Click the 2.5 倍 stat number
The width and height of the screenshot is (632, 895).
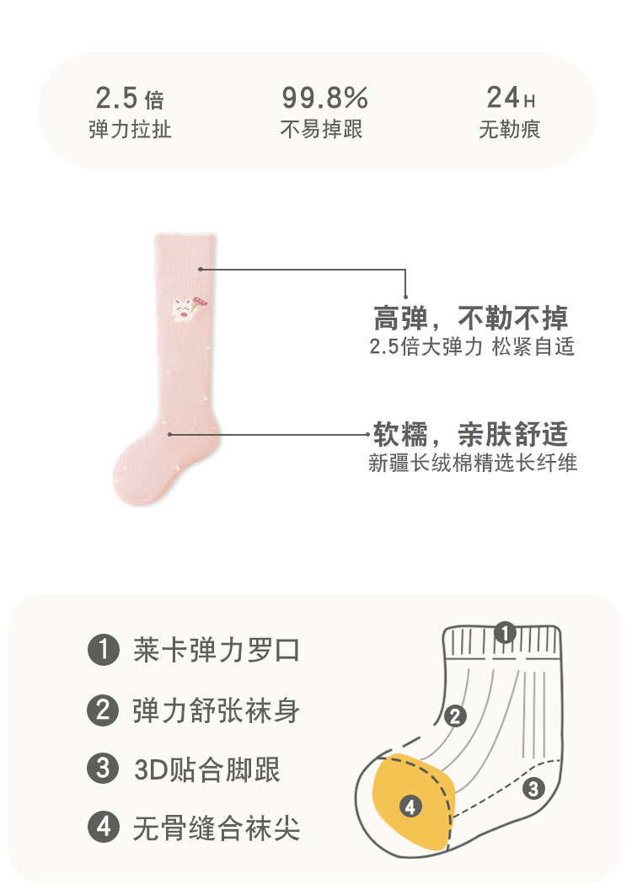point(129,99)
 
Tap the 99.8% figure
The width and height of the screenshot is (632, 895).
point(324,99)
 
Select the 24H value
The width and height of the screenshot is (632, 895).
point(510,99)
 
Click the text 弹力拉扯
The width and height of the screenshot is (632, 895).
point(130,130)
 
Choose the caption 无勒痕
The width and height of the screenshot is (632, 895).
point(509,130)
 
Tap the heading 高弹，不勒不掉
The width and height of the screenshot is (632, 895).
point(470,318)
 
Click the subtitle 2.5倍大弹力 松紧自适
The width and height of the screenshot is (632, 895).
point(472,346)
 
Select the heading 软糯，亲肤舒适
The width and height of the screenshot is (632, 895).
point(470,435)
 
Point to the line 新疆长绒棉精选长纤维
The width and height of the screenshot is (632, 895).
point(473,463)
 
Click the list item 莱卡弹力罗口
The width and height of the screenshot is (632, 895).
point(216,651)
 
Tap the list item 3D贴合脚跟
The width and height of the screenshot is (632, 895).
point(206,769)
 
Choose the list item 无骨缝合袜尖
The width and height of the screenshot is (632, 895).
point(216,828)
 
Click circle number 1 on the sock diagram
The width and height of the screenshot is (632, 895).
point(504,632)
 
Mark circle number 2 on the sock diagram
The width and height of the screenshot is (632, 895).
point(454,716)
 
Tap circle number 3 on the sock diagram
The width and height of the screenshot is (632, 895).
point(533,789)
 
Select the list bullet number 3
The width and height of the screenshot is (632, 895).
point(103,769)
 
